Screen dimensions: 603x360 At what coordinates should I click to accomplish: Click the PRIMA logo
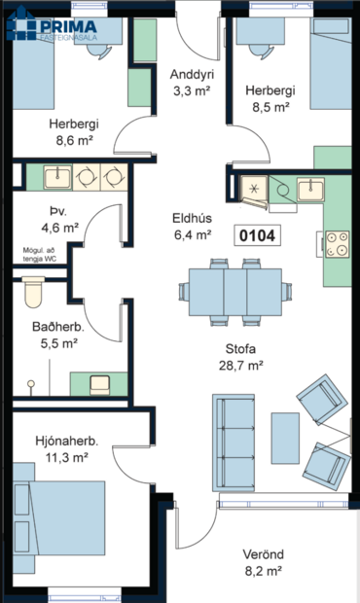(x=54, y=29)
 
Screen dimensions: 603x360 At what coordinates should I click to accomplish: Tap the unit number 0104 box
(x=257, y=235)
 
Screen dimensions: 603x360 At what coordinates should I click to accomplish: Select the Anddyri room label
(x=192, y=75)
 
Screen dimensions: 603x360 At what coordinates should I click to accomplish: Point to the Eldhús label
(x=192, y=218)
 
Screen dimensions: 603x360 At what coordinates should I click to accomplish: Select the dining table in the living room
(x=234, y=290)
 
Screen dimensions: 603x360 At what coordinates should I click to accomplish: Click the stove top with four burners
(x=337, y=243)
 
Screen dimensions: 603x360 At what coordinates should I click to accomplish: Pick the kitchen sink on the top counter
(x=312, y=188)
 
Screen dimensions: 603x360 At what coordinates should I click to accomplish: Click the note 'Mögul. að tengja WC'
(x=42, y=255)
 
